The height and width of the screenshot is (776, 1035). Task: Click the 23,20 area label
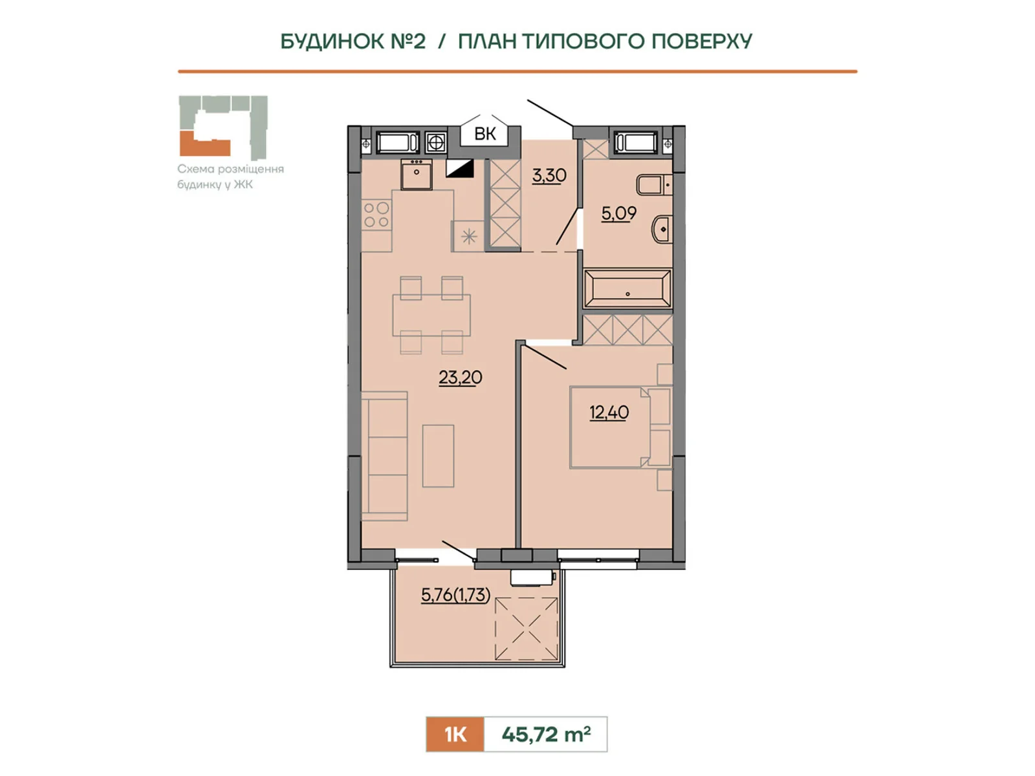point(460,378)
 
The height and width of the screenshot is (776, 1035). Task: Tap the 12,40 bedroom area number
point(609,413)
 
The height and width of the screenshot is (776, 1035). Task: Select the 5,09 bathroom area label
point(618,213)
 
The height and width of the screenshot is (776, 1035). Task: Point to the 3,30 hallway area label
point(549,175)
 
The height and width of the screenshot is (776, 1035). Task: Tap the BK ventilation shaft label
point(485,134)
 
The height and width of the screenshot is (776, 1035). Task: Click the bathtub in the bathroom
point(627,288)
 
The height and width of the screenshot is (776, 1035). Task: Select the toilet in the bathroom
point(654,185)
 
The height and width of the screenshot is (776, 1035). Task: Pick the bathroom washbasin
point(662,230)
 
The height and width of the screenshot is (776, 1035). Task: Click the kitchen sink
point(417,174)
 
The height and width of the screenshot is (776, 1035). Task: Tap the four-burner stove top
point(376,215)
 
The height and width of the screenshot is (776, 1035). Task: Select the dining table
point(431,315)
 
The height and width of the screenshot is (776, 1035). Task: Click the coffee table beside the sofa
point(438,456)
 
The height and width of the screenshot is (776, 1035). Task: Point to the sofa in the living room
point(384,456)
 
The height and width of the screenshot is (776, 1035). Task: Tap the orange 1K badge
point(455,734)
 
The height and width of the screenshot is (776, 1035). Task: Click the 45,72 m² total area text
point(546,734)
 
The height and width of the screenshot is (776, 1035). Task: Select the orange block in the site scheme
point(204,144)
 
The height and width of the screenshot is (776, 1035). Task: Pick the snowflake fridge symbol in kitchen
point(469,237)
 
